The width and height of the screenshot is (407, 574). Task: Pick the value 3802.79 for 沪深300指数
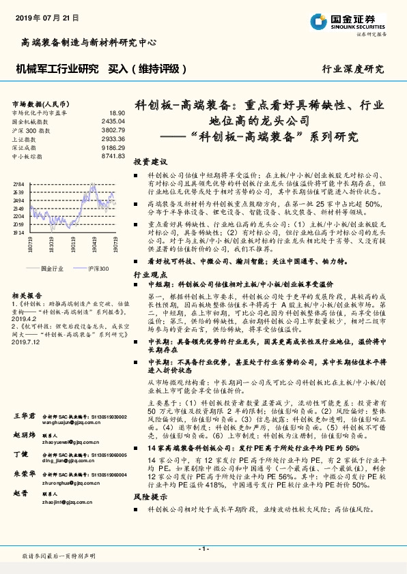click(113, 130)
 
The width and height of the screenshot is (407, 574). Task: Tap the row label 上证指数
click(26, 138)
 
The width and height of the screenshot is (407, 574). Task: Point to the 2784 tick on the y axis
click(18, 185)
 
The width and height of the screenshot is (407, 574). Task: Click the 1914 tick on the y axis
click(18, 232)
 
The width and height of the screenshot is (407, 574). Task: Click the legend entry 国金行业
click(52, 269)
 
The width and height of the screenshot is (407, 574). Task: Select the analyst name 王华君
click(24, 415)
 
